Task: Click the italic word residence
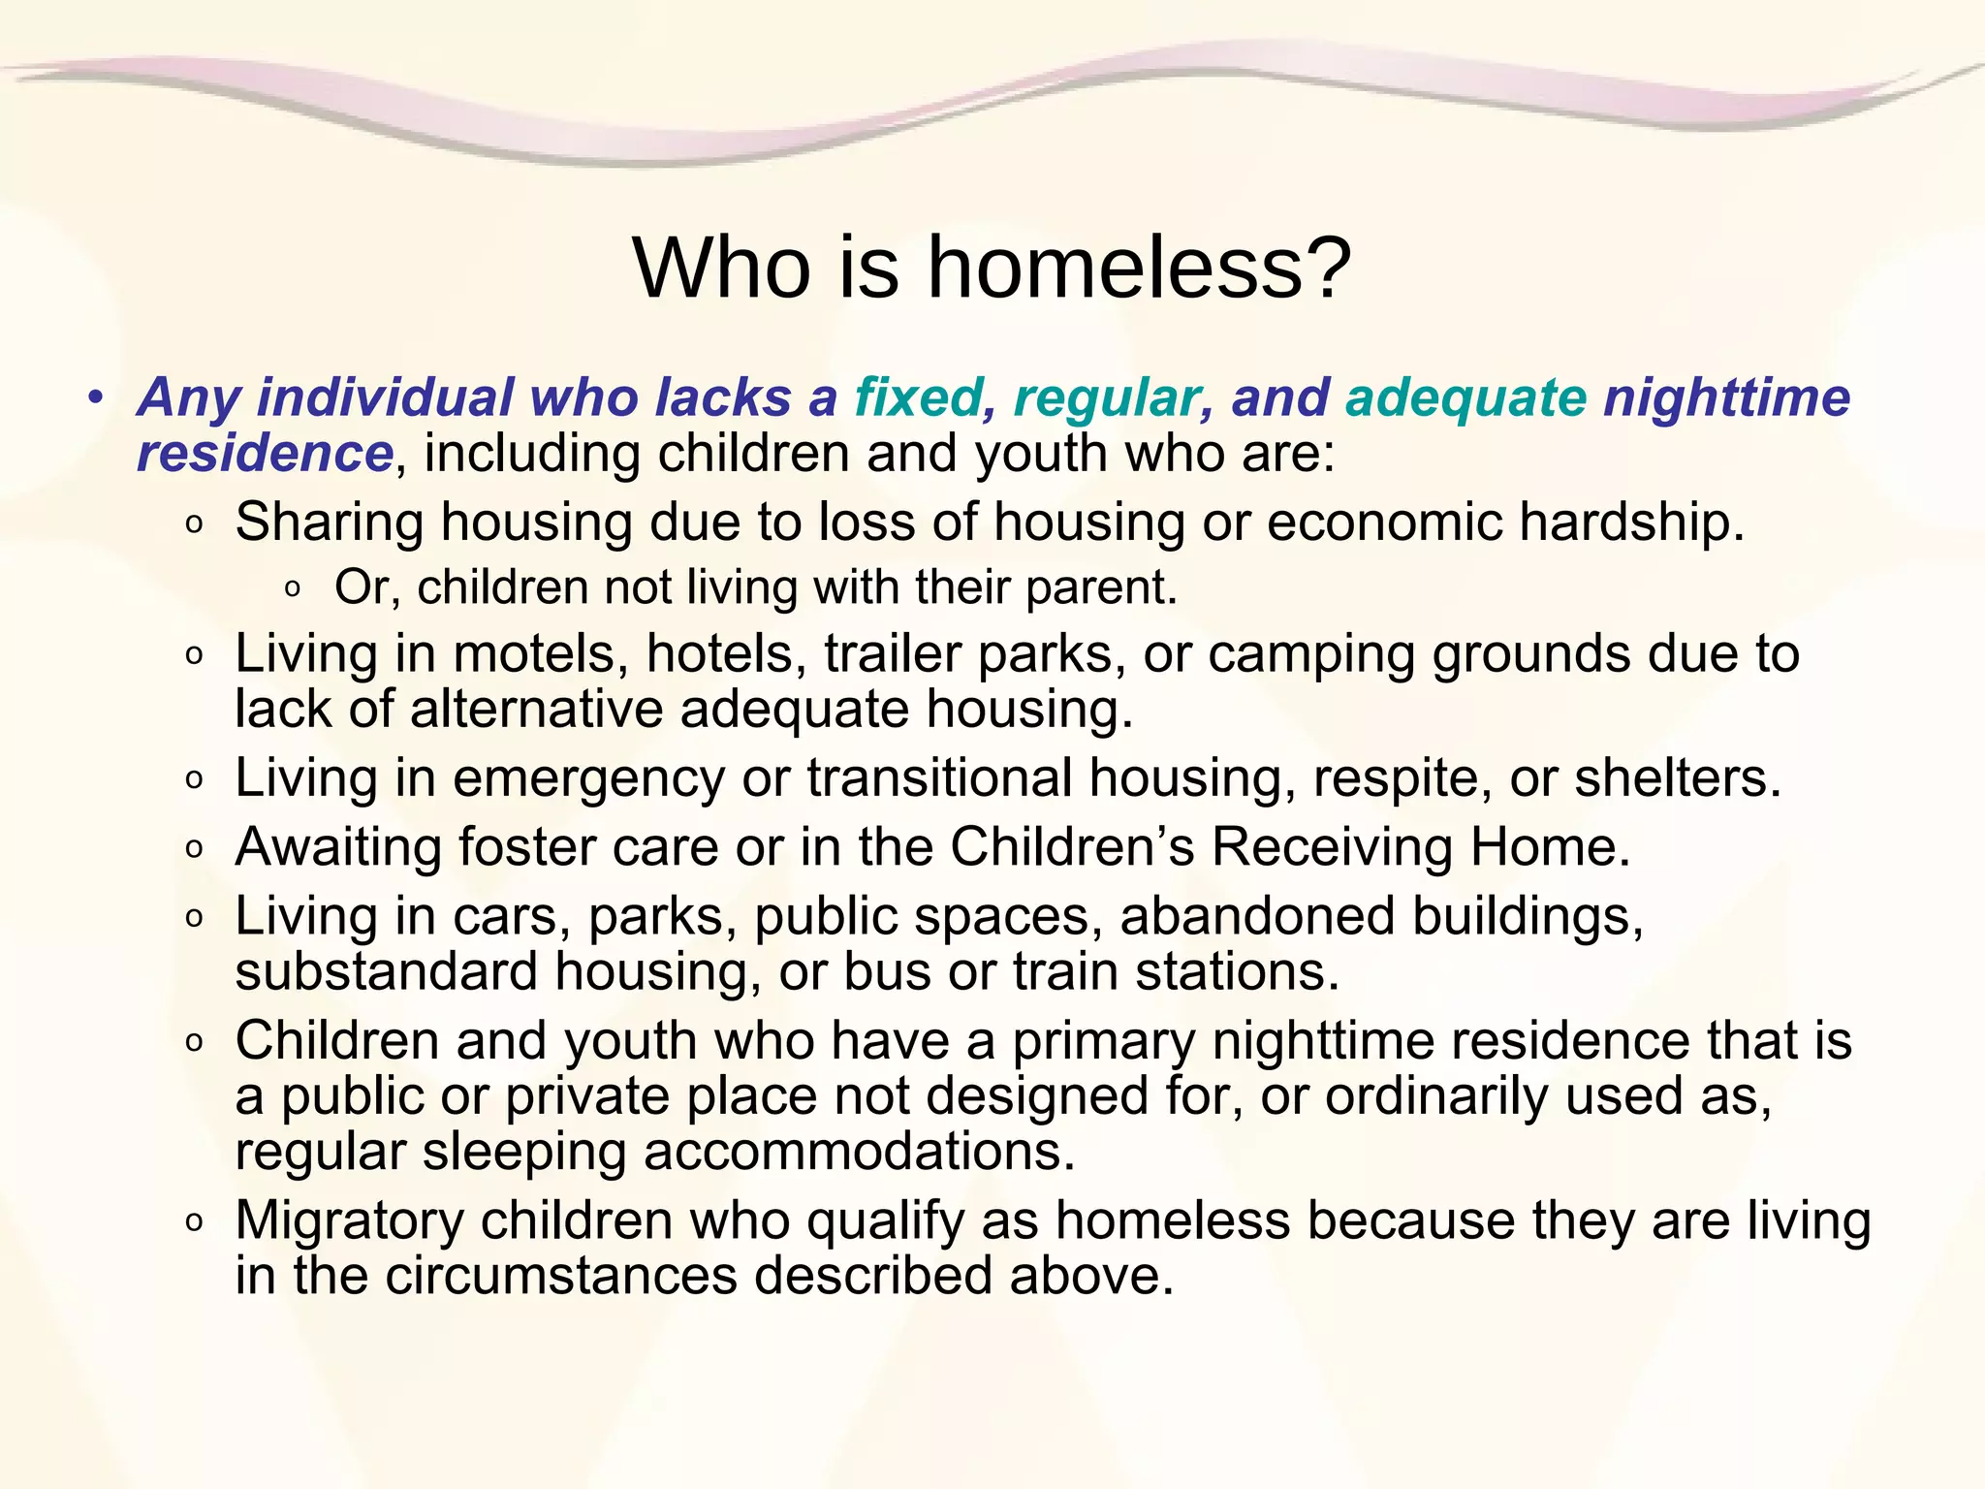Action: (265, 453)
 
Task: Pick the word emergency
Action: (588, 778)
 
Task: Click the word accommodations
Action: (859, 1152)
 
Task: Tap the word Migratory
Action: (349, 1221)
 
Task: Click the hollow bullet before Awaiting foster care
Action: (195, 850)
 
